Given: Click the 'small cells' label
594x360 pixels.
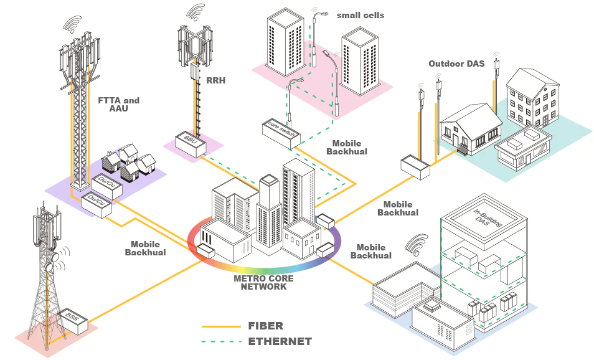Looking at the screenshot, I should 361,15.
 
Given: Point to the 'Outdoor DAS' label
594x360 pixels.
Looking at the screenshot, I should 456,64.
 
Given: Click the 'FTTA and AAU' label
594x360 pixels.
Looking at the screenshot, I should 119,104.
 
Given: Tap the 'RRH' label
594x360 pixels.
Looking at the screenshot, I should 216,80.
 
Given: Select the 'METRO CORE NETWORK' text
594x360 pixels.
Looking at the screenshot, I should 263,282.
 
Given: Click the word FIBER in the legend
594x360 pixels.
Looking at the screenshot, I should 265,326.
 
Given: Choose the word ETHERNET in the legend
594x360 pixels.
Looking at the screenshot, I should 280,341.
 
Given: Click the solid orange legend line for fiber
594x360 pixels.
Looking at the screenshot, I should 221,326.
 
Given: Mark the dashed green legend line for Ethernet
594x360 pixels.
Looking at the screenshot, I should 221,342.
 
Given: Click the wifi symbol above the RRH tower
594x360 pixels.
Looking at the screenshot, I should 196,12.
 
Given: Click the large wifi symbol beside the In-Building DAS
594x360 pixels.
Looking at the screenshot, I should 417,245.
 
